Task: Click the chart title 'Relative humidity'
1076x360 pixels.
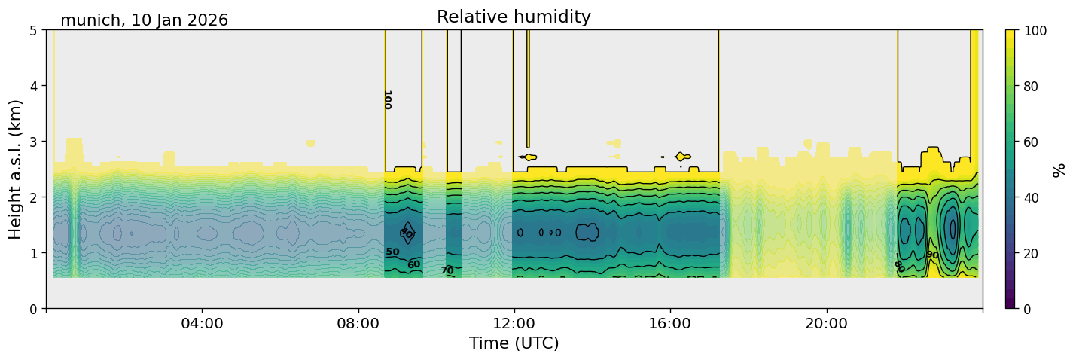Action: (514, 17)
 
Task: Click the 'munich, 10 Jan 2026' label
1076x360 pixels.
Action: (144, 20)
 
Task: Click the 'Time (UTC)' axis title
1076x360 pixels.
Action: (514, 344)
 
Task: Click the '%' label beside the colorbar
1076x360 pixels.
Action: (1059, 170)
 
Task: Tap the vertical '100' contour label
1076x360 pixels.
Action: (387, 99)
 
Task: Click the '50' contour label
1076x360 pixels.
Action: (392, 252)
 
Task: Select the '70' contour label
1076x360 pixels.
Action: (447, 270)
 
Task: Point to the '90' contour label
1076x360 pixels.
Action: (932, 255)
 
